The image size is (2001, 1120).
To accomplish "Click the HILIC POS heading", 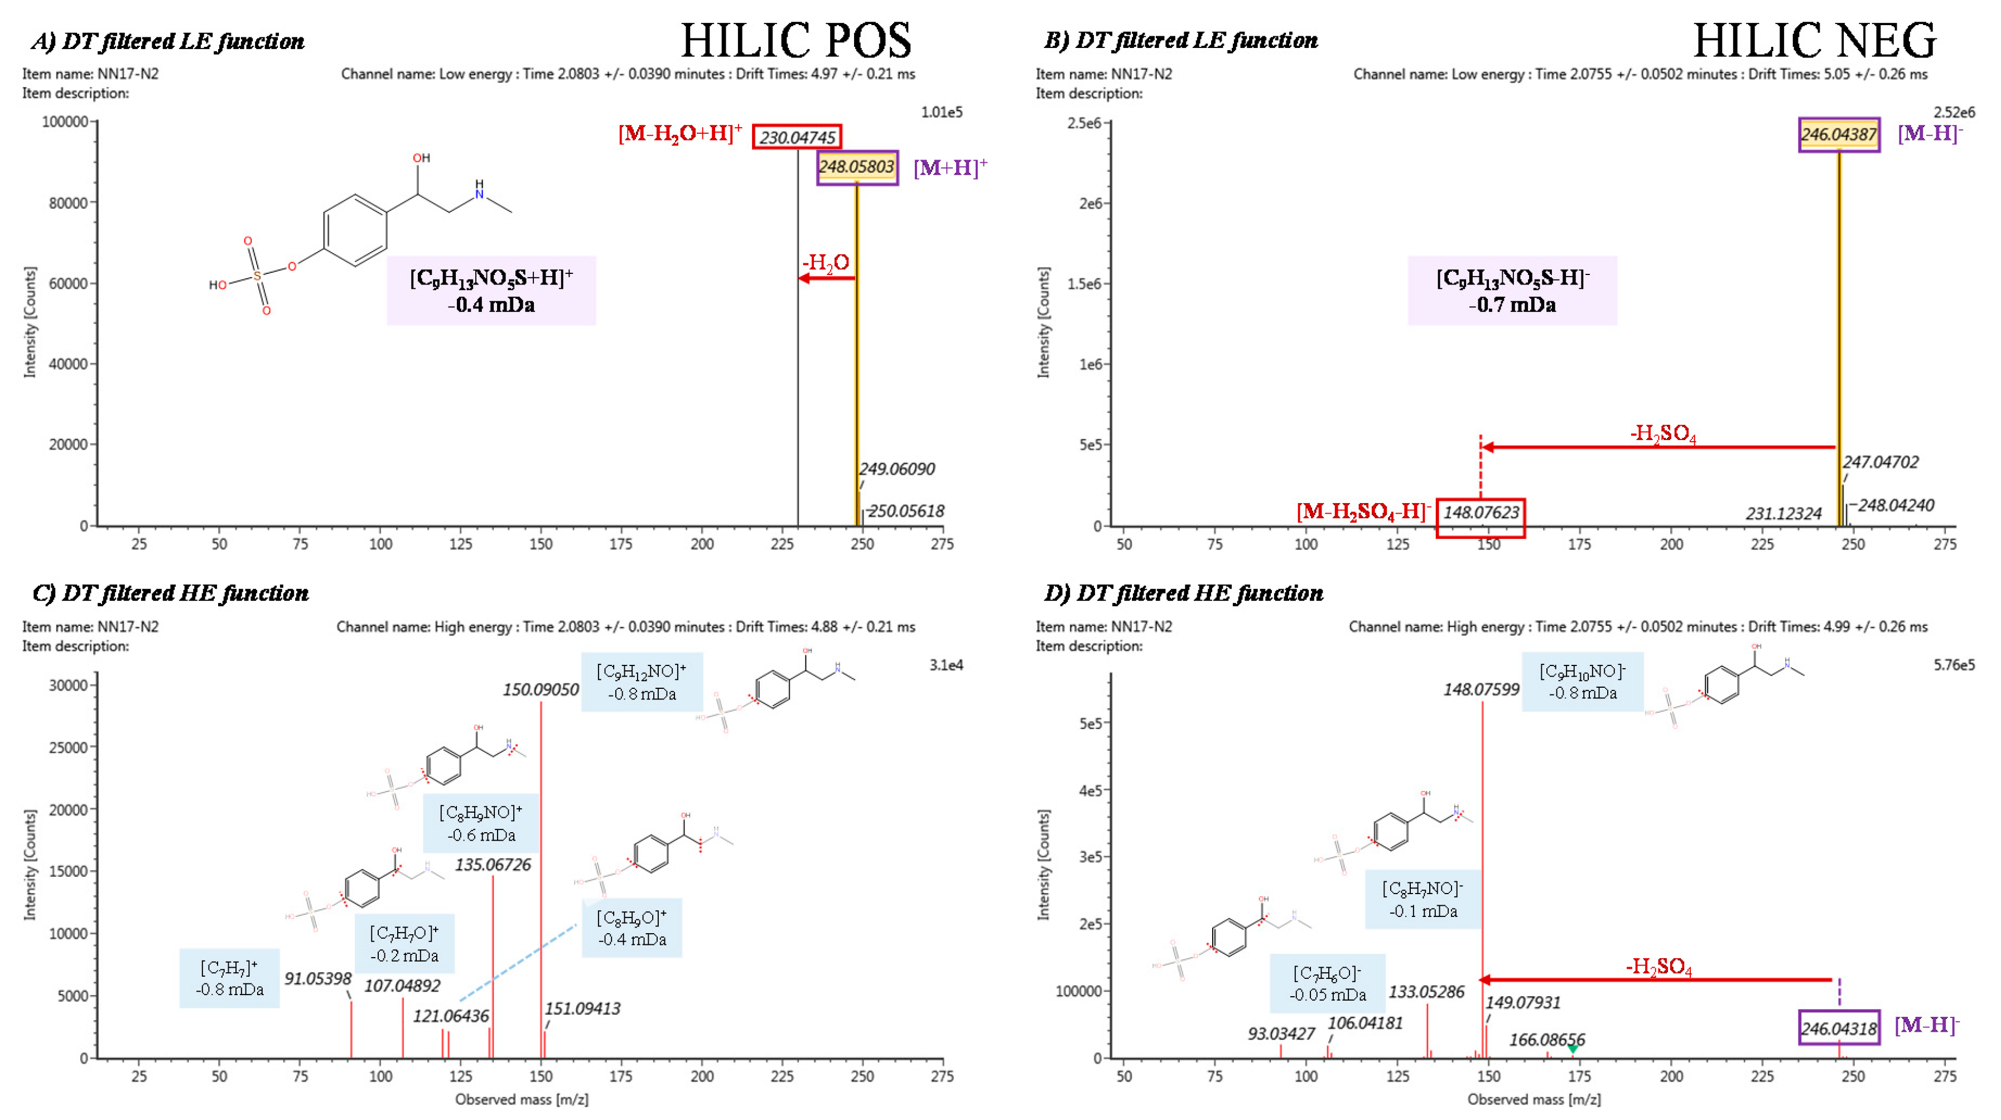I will click(795, 40).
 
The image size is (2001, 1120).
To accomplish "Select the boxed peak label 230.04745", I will click(797, 137).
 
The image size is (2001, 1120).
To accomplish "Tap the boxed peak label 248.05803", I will click(857, 167).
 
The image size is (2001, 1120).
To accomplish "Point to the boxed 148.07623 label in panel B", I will click(1481, 513).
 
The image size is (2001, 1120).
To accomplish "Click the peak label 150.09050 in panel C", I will click(541, 690).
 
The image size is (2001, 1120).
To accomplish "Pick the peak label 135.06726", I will click(493, 865).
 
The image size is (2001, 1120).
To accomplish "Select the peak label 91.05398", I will click(318, 979).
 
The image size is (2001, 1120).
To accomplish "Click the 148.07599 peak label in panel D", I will click(1481, 690).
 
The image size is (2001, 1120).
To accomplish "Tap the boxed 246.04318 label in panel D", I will click(1839, 1029).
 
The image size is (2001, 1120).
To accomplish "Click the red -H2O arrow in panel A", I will click(827, 277).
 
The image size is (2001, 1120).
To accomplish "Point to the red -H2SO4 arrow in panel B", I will click(1658, 447).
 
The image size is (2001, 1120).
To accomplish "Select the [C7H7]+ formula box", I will click(229, 978).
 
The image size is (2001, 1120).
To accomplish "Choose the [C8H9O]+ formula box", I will click(631, 928).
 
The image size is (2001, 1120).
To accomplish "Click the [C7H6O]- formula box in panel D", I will click(1328, 983).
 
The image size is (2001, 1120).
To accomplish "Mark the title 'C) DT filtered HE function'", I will click(170, 593).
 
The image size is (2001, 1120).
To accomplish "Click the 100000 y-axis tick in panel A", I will click(65, 122).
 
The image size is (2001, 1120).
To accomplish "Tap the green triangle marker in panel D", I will click(1573, 1049).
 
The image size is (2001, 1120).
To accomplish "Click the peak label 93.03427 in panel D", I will click(1281, 1034).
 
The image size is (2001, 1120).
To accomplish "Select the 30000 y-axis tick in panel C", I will click(69, 685).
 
